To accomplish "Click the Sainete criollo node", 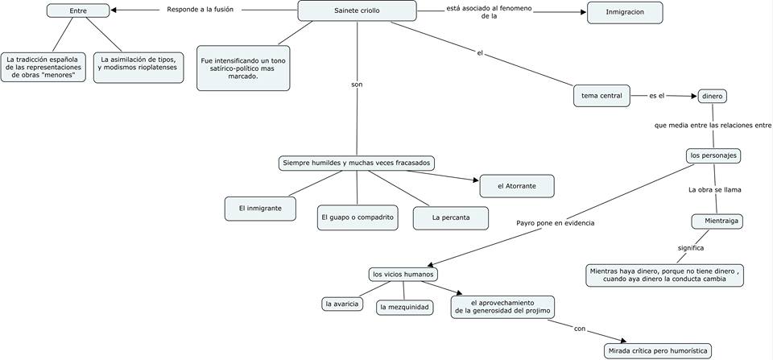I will (357, 10).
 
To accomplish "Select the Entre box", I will (78, 10).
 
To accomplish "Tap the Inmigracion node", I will (624, 13).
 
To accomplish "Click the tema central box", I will (601, 96).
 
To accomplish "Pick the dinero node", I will (712, 96).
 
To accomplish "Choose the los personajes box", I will (713, 155).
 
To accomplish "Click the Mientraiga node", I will (717, 221).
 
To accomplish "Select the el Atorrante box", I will (516, 186).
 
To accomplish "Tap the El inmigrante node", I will (260, 208).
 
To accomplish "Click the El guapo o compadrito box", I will (357, 217).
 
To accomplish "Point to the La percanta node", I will (451, 217).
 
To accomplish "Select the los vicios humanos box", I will (403, 274).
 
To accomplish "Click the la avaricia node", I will (341, 304).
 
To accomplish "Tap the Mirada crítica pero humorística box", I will (658, 350).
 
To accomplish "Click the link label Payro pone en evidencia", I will (556, 222).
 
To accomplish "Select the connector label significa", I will (690, 248).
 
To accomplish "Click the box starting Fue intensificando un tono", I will (242, 68).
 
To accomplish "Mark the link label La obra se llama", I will (714, 190).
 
